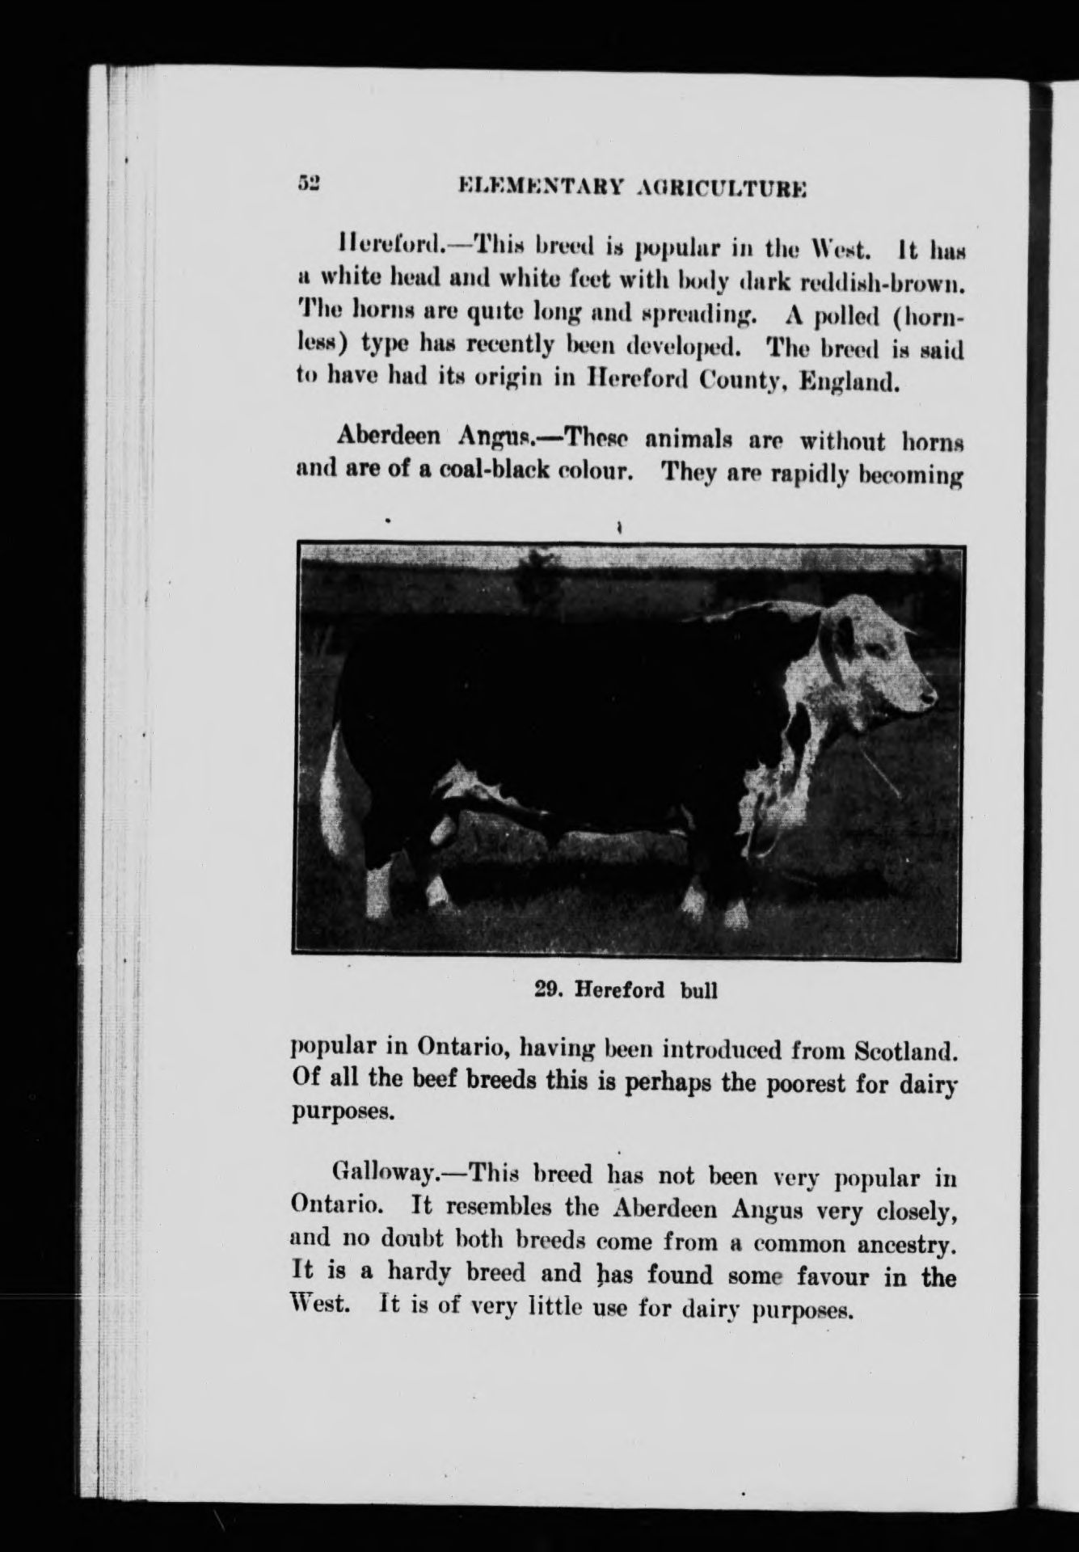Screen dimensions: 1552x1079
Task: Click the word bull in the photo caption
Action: click(x=699, y=990)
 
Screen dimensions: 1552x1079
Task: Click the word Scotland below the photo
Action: click(x=905, y=1052)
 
